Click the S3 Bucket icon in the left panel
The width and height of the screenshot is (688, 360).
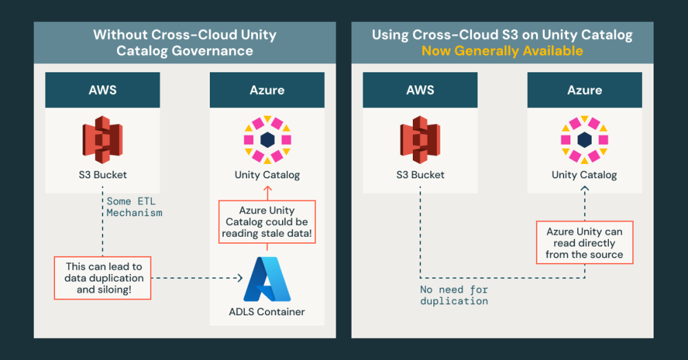(102, 140)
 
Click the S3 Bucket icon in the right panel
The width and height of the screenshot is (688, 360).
(420, 140)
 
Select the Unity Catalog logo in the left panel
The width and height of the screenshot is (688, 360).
(267, 140)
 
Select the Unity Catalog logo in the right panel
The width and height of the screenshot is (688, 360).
(584, 140)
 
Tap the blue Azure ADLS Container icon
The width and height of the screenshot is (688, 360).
(267, 279)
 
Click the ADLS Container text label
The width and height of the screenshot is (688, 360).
(267, 312)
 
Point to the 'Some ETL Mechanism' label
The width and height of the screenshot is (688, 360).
(134, 207)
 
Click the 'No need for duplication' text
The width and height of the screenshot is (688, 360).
(454, 295)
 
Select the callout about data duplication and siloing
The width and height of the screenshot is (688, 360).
(102, 278)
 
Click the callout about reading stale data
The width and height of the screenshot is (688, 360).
(267, 222)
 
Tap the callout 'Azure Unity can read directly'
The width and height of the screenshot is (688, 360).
(584, 243)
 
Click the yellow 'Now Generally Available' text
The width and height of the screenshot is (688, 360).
(502, 51)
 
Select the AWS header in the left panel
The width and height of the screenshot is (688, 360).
(102, 90)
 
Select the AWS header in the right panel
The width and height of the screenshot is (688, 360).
(420, 90)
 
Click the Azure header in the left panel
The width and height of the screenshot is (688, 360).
(267, 90)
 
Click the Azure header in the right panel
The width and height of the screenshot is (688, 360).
(584, 90)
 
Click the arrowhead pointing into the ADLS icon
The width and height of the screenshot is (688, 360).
(240, 278)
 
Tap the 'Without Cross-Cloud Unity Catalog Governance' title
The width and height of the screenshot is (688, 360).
(184, 43)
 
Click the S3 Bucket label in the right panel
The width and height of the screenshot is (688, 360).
(420, 175)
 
